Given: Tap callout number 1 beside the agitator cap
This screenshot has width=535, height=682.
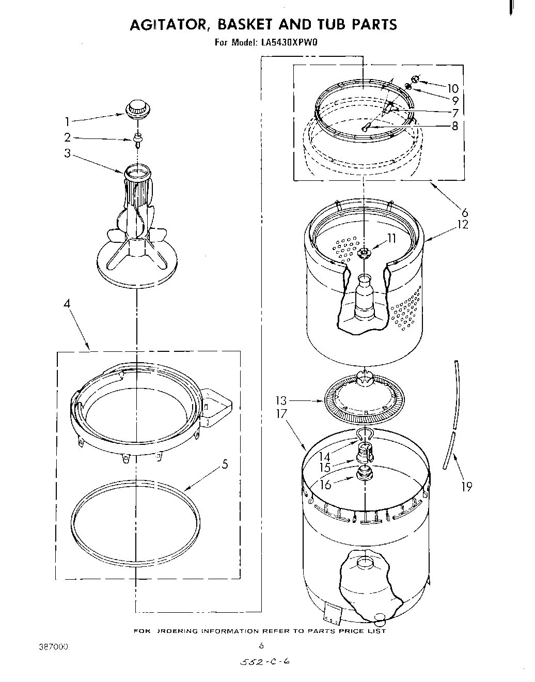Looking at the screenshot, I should click(67, 121).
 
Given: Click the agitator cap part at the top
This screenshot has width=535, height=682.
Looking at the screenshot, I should click(138, 109).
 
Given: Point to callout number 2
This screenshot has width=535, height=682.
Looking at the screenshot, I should click(68, 137).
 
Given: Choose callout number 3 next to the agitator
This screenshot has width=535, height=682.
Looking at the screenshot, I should click(68, 153).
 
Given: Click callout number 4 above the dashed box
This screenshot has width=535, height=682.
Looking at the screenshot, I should click(67, 304).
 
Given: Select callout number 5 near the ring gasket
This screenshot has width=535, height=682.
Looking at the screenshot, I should click(224, 464).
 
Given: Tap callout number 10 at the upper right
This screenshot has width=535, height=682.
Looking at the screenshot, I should click(452, 88).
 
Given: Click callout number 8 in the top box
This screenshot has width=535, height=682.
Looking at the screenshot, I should click(454, 126).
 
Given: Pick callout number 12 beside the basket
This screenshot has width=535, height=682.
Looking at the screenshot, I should click(462, 224).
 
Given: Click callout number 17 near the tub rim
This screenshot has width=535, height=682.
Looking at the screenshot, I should click(281, 414).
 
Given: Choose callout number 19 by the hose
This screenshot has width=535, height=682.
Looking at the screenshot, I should click(467, 486).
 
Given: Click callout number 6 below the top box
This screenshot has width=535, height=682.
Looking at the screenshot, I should click(464, 212).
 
